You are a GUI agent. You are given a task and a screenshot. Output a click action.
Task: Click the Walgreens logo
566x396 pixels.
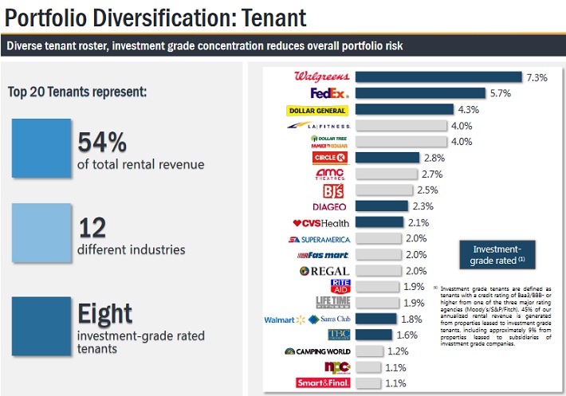323,76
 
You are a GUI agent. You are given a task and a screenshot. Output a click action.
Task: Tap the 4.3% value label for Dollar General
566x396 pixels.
469,109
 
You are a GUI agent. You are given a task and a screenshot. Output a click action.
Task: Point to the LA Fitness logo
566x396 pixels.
319,126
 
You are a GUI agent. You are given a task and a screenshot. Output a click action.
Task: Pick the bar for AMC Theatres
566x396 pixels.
387,174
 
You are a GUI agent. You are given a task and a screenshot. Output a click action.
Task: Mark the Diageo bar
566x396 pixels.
381,206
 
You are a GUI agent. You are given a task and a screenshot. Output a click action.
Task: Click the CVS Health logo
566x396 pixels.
321,222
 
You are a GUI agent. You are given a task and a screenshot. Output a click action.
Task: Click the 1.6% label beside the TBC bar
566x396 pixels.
407,335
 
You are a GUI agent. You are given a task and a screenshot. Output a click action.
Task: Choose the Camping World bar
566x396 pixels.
375,351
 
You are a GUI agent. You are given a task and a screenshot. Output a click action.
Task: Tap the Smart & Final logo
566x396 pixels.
324,383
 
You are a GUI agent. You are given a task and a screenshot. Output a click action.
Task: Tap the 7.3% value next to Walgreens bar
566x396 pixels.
537,77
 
